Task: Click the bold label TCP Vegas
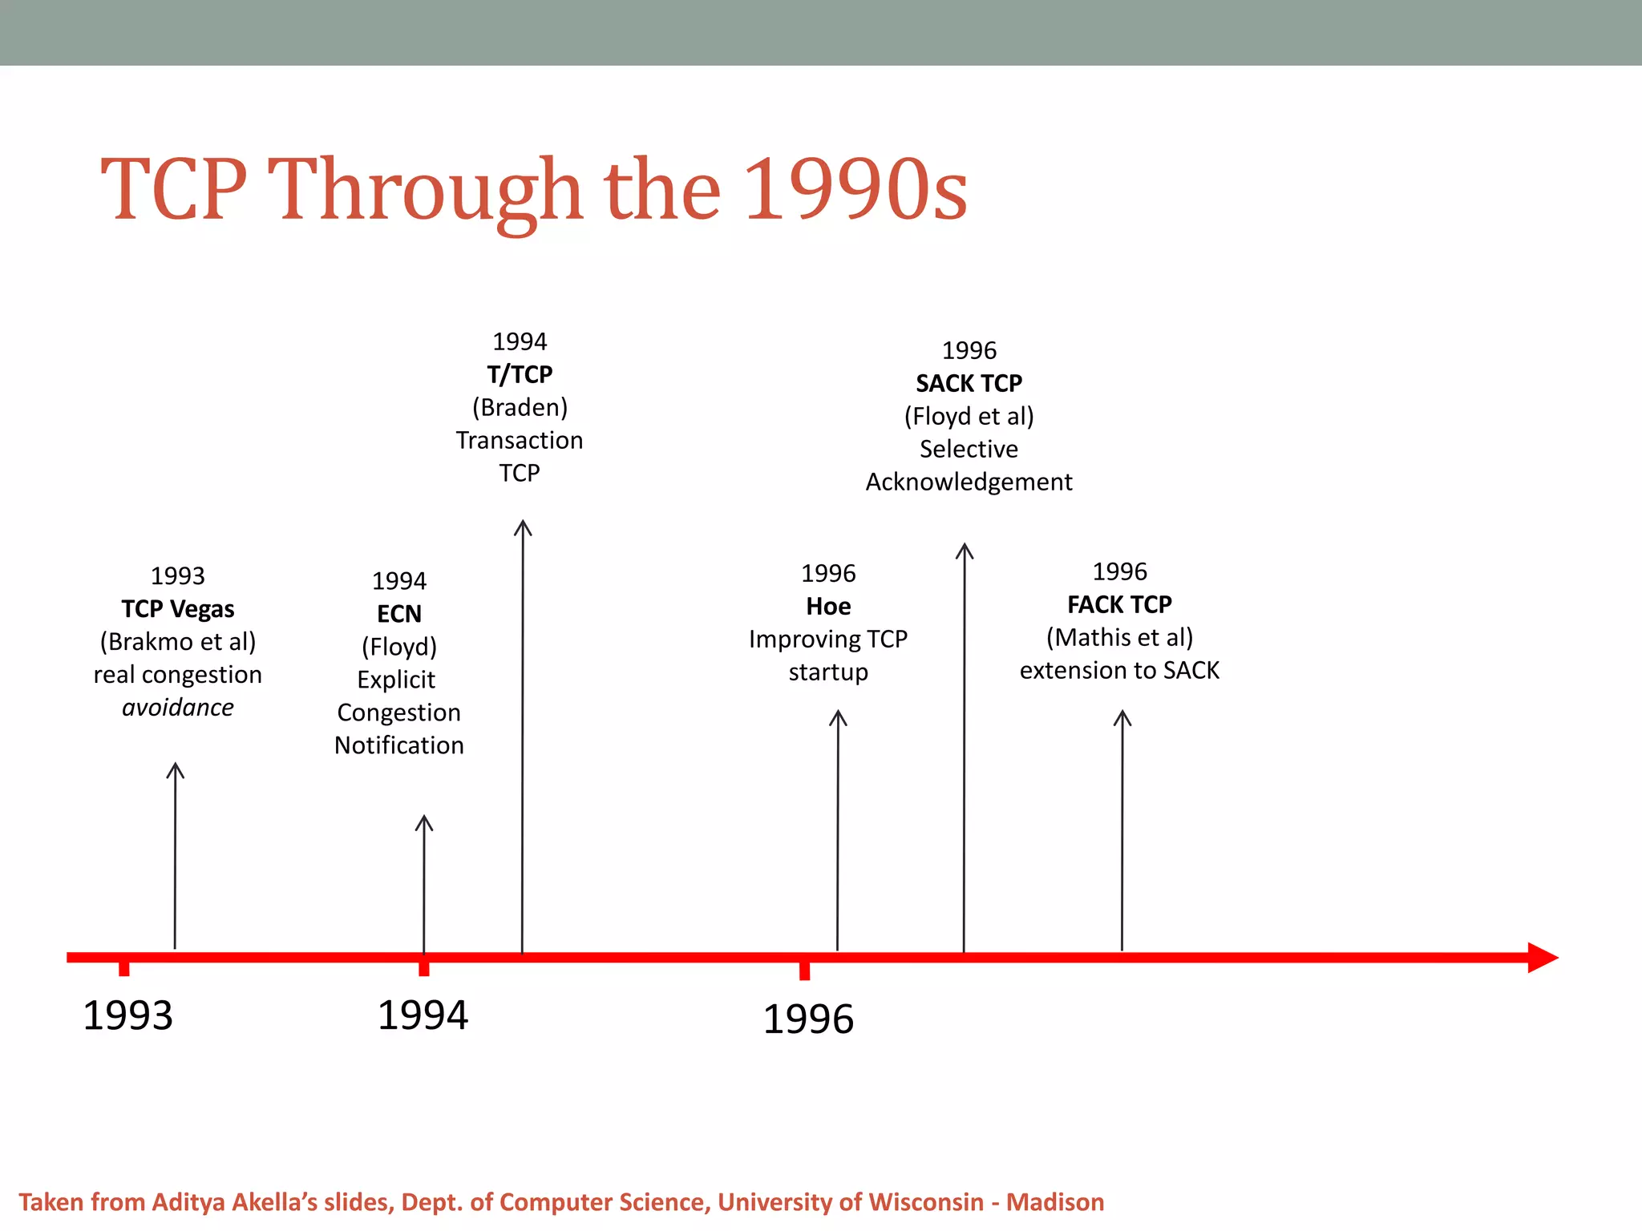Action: [x=178, y=609]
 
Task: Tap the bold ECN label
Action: [x=399, y=614]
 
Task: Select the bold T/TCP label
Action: [x=520, y=374]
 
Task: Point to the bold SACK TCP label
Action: [x=969, y=384]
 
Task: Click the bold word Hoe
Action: [x=828, y=607]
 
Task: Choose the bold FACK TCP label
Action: [x=1119, y=604]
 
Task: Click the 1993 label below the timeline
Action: [x=128, y=1015]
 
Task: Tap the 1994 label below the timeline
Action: [x=423, y=1015]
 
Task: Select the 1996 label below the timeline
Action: [x=808, y=1019]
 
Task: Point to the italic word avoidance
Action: [x=178, y=708]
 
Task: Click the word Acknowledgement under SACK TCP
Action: [x=969, y=482]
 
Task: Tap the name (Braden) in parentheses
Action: [x=520, y=408]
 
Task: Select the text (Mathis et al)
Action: [x=1119, y=638]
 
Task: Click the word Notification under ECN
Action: [x=399, y=745]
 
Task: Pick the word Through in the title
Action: [x=425, y=191]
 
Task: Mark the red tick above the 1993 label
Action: [x=124, y=968]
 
